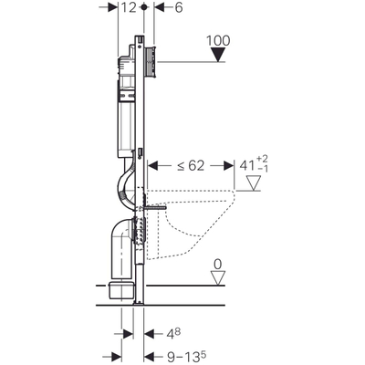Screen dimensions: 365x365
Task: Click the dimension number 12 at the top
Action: (x=135, y=7)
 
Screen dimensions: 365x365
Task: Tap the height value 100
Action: (x=220, y=41)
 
